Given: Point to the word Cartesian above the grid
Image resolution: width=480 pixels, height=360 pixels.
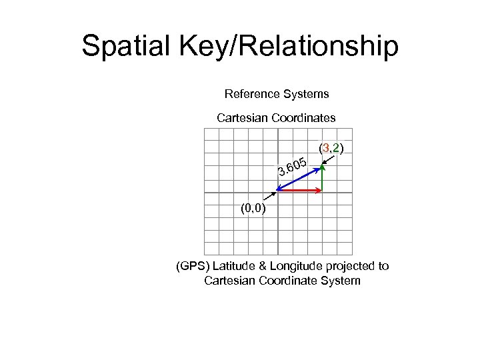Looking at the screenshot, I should tap(242, 118).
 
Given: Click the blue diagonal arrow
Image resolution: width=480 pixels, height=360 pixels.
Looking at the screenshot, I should tap(299, 177).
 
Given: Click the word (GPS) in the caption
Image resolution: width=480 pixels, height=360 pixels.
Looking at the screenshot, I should tap(191, 266).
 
